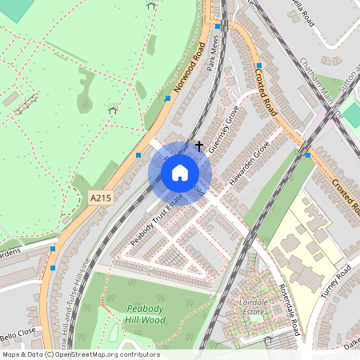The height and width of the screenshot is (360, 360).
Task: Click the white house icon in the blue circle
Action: point(180,172)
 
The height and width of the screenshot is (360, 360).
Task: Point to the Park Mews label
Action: point(213,54)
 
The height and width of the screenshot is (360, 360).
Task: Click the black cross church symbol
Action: point(199,146)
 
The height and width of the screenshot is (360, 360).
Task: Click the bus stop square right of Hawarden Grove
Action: point(308,156)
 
